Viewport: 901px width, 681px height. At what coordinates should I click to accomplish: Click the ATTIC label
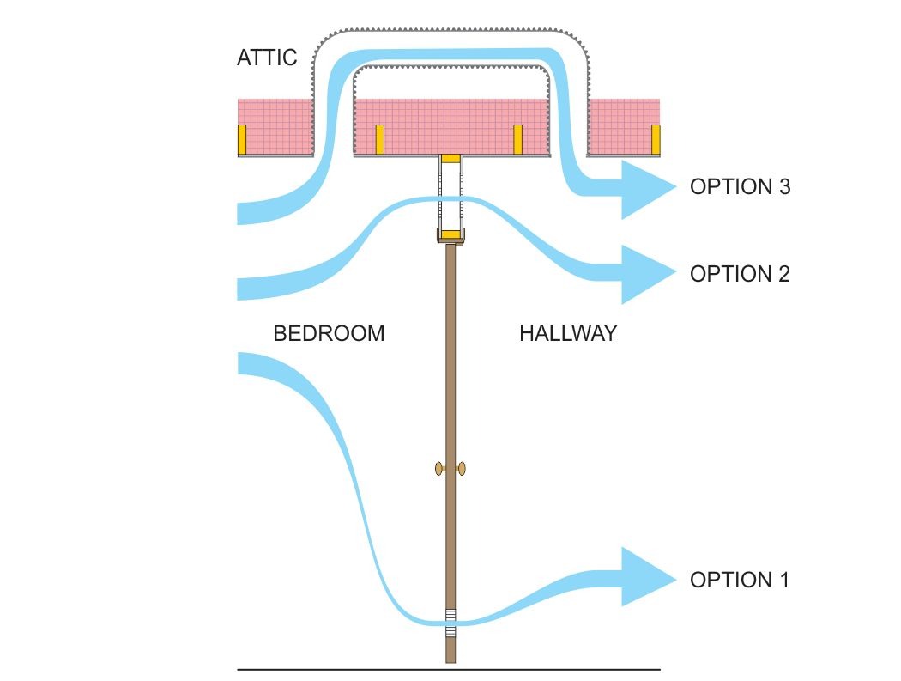pos(267,58)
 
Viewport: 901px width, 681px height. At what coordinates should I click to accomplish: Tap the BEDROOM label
pos(329,333)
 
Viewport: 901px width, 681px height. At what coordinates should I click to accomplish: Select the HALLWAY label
pos(568,333)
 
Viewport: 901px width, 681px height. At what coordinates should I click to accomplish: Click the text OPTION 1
pos(739,580)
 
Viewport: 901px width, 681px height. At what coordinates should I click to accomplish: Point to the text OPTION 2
pos(739,274)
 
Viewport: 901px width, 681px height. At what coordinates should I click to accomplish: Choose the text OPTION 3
pos(739,187)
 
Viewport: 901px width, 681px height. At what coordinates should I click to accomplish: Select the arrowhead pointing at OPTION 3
pos(648,188)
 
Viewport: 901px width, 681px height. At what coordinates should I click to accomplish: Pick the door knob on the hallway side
pos(462,468)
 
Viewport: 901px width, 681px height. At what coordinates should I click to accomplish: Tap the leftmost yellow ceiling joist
pos(242,139)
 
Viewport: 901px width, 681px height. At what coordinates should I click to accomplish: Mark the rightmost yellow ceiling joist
pos(656,139)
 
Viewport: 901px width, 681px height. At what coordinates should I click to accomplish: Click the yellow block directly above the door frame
pos(450,159)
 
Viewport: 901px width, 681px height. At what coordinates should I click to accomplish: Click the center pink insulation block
pos(450,125)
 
